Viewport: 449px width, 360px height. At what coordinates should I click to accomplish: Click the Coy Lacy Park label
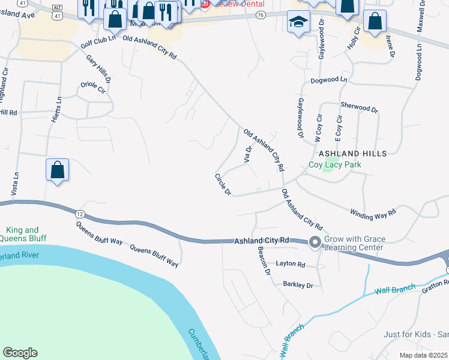[332, 164]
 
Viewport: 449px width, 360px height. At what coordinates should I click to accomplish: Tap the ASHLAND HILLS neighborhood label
[352, 154]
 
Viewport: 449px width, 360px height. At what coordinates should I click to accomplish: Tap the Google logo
[20, 353]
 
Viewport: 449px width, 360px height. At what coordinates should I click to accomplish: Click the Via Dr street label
[248, 154]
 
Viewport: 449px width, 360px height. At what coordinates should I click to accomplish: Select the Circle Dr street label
[223, 184]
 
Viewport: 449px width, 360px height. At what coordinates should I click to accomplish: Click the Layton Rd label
[291, 264]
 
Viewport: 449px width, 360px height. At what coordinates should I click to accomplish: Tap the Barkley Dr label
[298, 286]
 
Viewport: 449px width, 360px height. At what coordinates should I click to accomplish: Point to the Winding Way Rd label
[373, 212]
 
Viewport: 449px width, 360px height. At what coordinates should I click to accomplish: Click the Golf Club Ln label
[98, 42]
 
